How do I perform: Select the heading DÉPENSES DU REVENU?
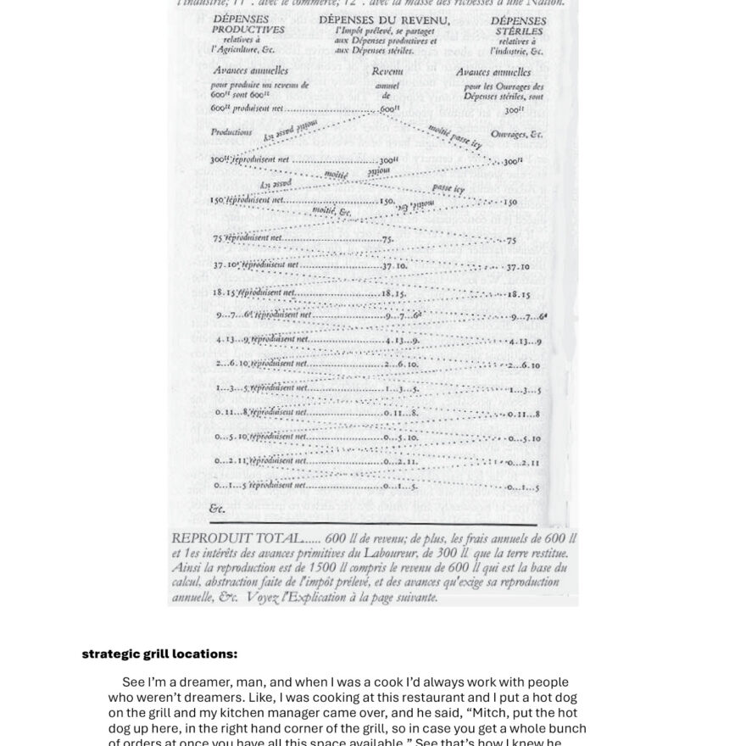pyautogui.click(x=384, y=19)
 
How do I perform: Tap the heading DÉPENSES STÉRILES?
pyautogui.click(x=519, y=25)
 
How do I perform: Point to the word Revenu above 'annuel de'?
pyautogui.click(x=387, y=72)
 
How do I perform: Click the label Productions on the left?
pyautogui.click(x=231, y=132)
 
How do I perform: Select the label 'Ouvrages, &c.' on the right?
pyautogui.click(x=516, y=134)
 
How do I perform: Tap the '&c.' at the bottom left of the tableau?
pyautogui.click(x=217, y=509)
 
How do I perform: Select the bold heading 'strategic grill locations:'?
pyautogui.click(x=159, y=654)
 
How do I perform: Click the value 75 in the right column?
pyautogui.click(x=511, y=241)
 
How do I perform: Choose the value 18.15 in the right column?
pyautogui.click(x=519, y=295)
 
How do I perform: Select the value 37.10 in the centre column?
pyautogui.click(x=394, y=265)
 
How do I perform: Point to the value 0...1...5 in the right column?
pyautogui.click(x=523, y=487)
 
